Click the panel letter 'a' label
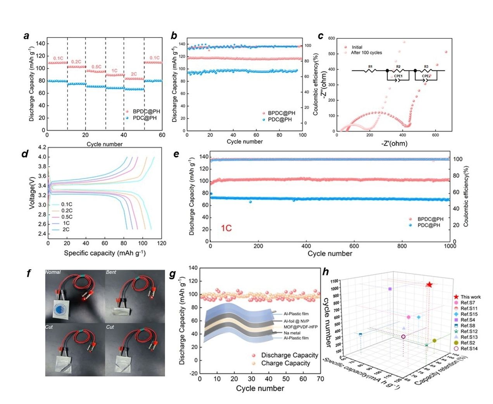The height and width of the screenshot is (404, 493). click(26, 36)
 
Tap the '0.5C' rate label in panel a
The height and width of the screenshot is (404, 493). click(96, 67)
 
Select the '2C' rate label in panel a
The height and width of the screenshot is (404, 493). click(134, 74)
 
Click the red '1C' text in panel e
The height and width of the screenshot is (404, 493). click(226, 228)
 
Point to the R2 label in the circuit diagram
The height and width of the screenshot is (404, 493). click(398, 67)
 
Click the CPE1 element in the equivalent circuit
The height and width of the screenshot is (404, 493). click(398, 76)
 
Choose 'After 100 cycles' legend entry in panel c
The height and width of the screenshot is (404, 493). click(366, 53)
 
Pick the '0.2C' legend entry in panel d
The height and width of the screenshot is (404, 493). click(67, 211)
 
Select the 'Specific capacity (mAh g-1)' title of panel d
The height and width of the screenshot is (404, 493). click(105, 253)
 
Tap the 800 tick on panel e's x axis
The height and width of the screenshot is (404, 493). click(402, 246)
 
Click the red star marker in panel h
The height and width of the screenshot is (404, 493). click(429, 285)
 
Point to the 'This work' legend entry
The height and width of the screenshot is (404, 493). click(471, 297)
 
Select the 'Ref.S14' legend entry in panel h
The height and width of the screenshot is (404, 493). click(469, 349)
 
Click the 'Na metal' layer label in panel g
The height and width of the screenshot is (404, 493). click(292, 333)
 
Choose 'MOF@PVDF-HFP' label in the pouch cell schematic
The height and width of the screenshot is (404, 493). click(300, 327)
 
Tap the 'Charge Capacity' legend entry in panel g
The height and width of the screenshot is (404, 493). click(286, 363)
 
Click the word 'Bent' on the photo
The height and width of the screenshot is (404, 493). click(111, 272)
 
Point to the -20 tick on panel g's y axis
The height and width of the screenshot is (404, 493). click(193, 373)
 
